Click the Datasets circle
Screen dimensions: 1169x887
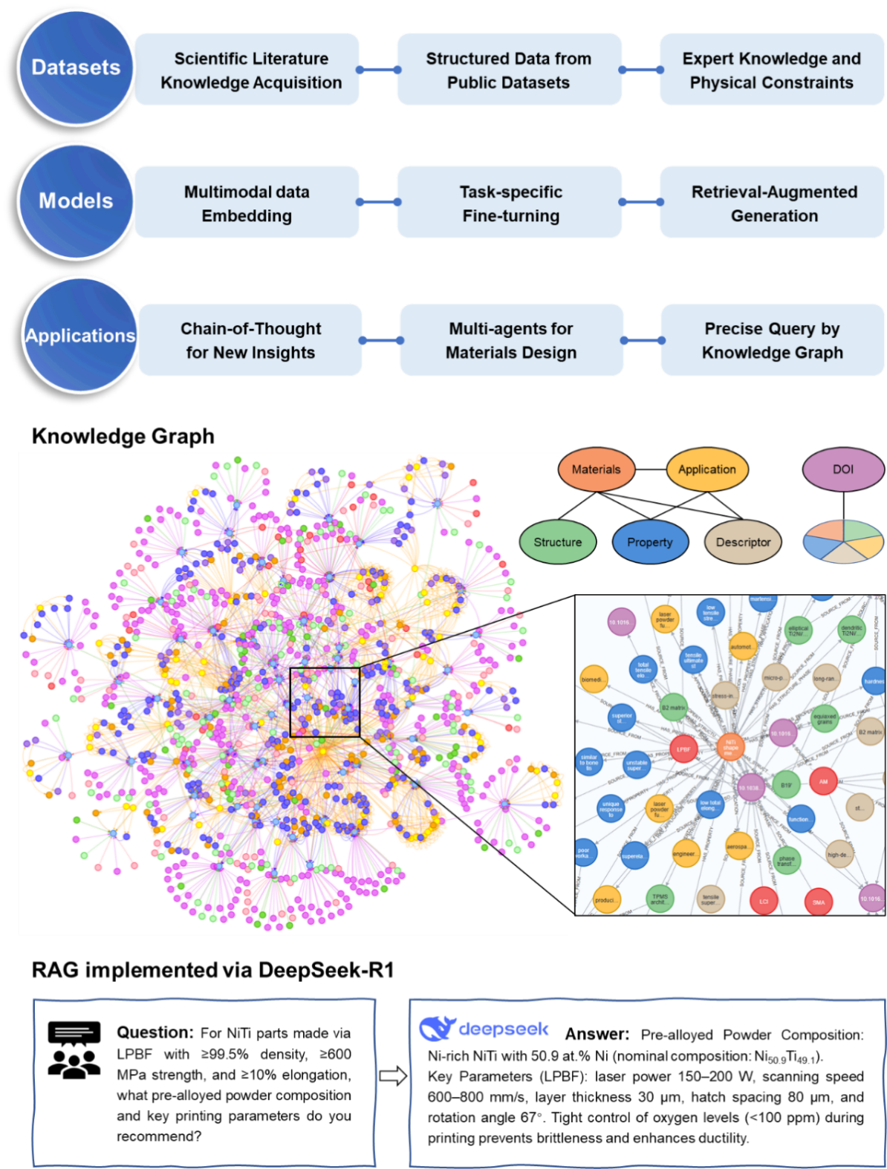[75, 68]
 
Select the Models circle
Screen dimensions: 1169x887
[75, 201]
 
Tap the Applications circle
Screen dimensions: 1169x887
[79, 335]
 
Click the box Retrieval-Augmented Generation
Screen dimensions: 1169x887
[773, 203]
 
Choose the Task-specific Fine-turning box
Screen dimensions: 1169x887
[510, 203]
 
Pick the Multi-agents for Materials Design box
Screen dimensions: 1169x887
[510, 340]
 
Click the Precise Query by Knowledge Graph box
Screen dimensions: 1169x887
[772, 340]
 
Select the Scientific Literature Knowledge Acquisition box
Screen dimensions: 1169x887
[250, 70]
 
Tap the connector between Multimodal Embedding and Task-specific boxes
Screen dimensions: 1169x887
[379, 201]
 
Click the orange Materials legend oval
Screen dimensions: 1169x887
[596, 469]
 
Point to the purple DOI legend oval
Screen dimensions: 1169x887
[842, 469]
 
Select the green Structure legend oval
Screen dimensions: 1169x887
[557, 542]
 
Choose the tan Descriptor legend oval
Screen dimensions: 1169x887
[743, 542]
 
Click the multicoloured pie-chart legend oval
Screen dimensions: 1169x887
[843, 541]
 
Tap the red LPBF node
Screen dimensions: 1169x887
[683, 749]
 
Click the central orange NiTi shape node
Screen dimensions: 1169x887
[730, 746]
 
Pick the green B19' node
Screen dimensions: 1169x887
[786, 784]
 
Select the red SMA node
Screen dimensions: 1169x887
[818, 902]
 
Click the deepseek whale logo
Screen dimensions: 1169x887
[435, 1029]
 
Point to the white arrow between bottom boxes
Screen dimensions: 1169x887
[392, 1075]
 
